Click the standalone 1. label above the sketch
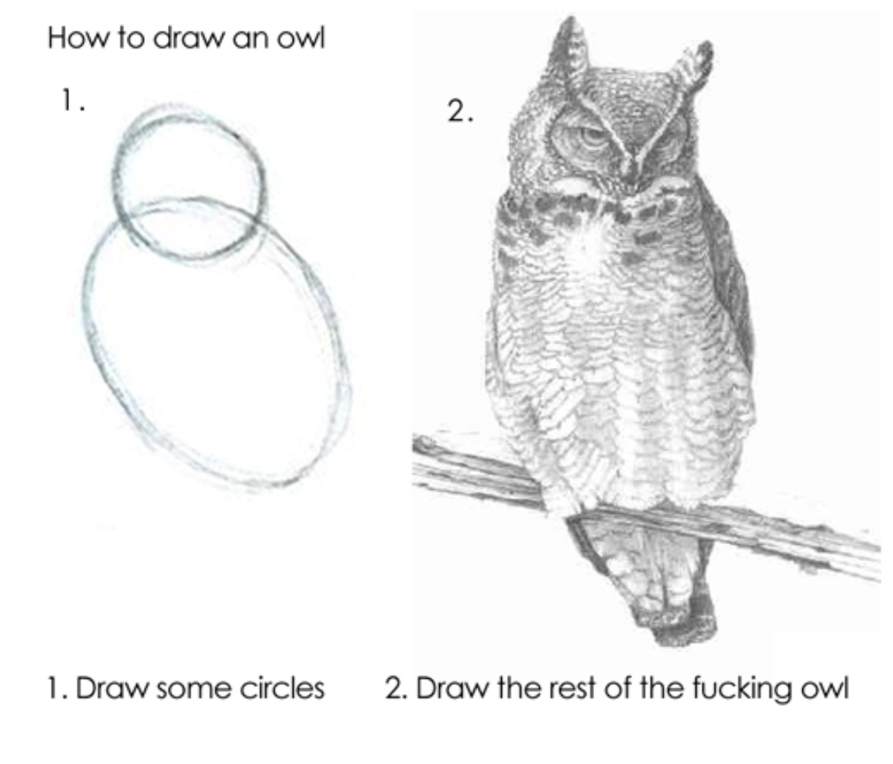pyautogui.click(x=72, y=101)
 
